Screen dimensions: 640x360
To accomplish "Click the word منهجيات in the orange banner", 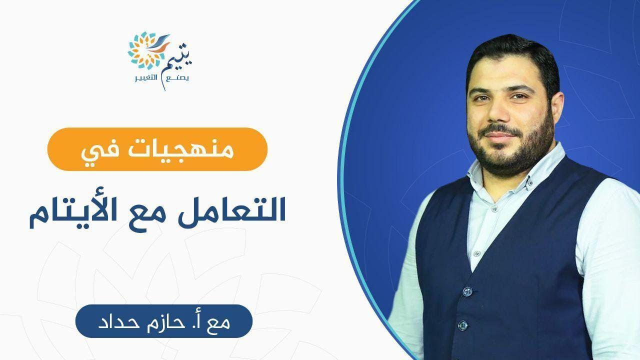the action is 181,149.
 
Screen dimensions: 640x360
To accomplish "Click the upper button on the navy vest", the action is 467,291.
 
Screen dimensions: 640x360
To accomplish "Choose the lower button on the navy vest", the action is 463,325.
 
